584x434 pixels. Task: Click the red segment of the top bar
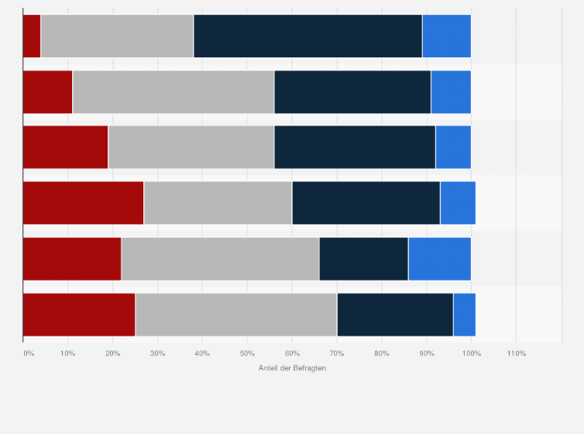point(32,36)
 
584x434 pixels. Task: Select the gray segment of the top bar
point(117,36)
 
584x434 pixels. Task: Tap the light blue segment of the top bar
point(446,36)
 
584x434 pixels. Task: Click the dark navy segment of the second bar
point(352,91)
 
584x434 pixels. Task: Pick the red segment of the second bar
point(47,91)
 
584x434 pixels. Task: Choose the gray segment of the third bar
point(191,146)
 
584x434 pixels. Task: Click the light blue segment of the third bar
point(453,146)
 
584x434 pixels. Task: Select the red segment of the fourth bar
point(83,202)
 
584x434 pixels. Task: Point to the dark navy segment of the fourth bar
point(366,202)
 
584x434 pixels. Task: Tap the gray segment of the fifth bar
point(220,258)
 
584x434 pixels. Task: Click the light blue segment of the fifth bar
point(439,258)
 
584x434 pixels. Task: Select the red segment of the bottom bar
point(79,315)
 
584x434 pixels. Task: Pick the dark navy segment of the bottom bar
point(395,315)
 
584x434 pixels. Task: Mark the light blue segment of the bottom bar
point(464,315)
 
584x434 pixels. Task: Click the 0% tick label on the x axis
point(29,353)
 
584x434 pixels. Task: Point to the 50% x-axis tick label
point(247,353)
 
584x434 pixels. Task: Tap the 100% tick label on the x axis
point(471,353)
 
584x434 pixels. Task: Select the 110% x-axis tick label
point(516,353)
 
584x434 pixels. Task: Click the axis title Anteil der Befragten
point(292,367)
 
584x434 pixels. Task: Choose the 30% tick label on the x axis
point(157,353)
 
